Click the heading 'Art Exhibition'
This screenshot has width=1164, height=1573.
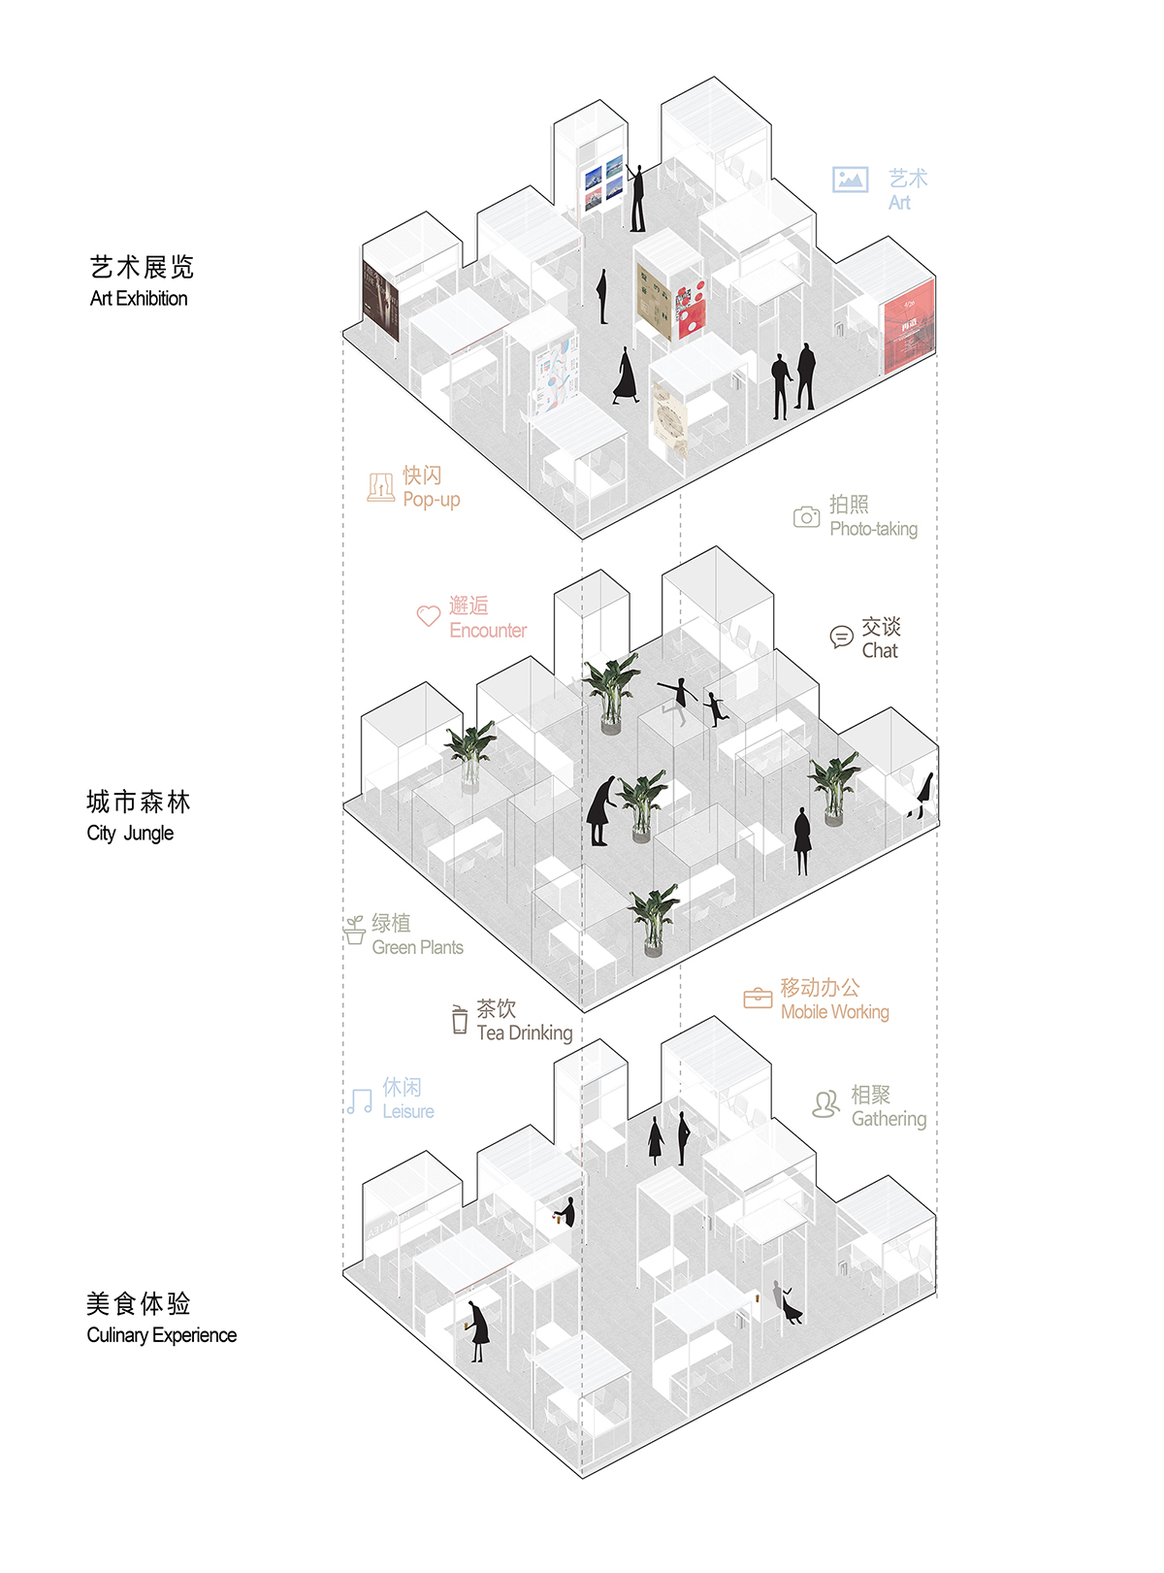coord(139,299)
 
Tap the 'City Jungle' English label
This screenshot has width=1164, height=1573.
coord(130,834)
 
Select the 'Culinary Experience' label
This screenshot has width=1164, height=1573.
coord(161,1335)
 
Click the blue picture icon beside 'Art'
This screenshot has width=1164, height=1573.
coord(850,180)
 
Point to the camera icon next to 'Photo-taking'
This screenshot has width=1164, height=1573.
coord(806,517)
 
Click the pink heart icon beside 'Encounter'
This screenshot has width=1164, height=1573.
coord(428,616)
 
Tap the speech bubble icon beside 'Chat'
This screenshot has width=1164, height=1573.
coord(841,637)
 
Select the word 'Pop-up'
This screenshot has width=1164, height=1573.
coord(432,500)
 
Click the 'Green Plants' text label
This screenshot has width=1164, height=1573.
coord(417,948)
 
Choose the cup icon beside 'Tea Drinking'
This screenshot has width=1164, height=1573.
coord(460,1020)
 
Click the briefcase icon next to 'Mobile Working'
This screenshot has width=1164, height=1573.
coord(758,998)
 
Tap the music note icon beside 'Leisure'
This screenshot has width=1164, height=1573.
coord(360,1100)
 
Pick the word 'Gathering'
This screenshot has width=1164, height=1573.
coord(889,1119)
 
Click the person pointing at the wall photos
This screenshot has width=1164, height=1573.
coord(636,198)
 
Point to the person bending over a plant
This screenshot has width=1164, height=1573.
coord(599,811)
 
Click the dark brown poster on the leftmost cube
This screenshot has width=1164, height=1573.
coord(380,301)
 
